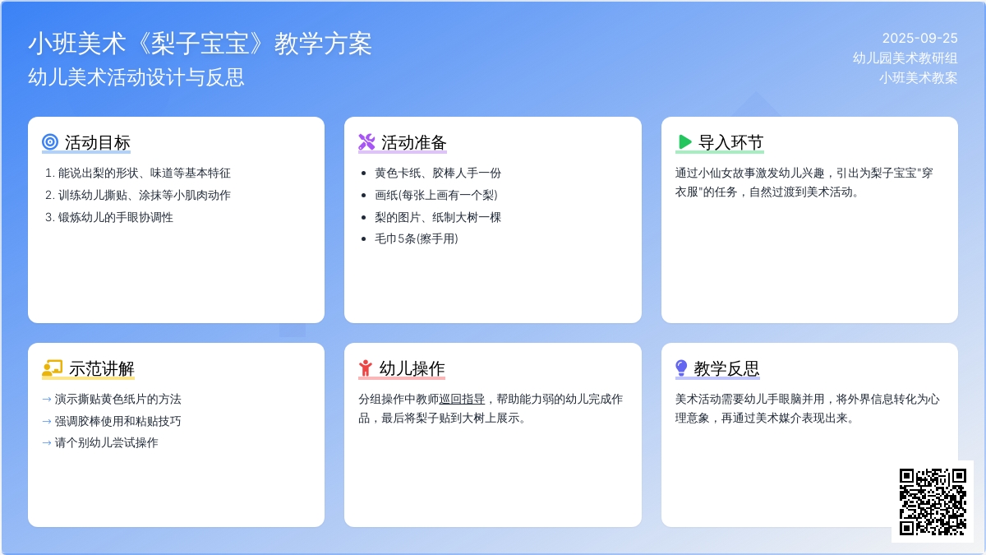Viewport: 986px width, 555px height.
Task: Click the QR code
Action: click(x=933, y=502)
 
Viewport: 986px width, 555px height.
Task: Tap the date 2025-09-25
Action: click(x=919, y=39)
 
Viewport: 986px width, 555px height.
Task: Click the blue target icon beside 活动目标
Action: click(x=50, y=141)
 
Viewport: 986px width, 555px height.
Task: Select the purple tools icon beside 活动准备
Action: click(x=366, y=141)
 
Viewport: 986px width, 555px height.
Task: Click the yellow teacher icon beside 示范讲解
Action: click(x=53, y=368)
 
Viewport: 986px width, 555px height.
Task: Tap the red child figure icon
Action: click(x=366, y=368)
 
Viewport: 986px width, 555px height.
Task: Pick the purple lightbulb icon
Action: click(x=681, y=368)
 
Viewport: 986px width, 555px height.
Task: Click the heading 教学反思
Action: click(x=726, y=368)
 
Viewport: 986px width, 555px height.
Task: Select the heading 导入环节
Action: click(x=730, y=143)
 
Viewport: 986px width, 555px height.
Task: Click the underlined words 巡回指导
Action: click(x=462, y=399)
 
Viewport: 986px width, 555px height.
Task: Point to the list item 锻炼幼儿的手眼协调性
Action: click(x=115, y=217)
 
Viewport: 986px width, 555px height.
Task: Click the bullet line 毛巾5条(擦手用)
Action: click(x=416, y=238)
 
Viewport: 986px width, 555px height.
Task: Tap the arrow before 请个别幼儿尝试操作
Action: click(x=47, y=443)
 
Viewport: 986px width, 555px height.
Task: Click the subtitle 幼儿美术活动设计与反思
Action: click(x=136, y=77)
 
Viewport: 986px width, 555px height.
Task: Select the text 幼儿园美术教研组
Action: click(x=905, y=58)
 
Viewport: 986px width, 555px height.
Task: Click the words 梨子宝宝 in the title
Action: click(x=200, y=44)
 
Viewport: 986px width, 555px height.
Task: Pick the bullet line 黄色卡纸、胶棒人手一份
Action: click(x=438, y=173)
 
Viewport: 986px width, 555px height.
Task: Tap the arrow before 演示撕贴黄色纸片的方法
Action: click(x=47, y=400)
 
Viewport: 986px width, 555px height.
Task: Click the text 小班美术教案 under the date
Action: click(x=919, y=77)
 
